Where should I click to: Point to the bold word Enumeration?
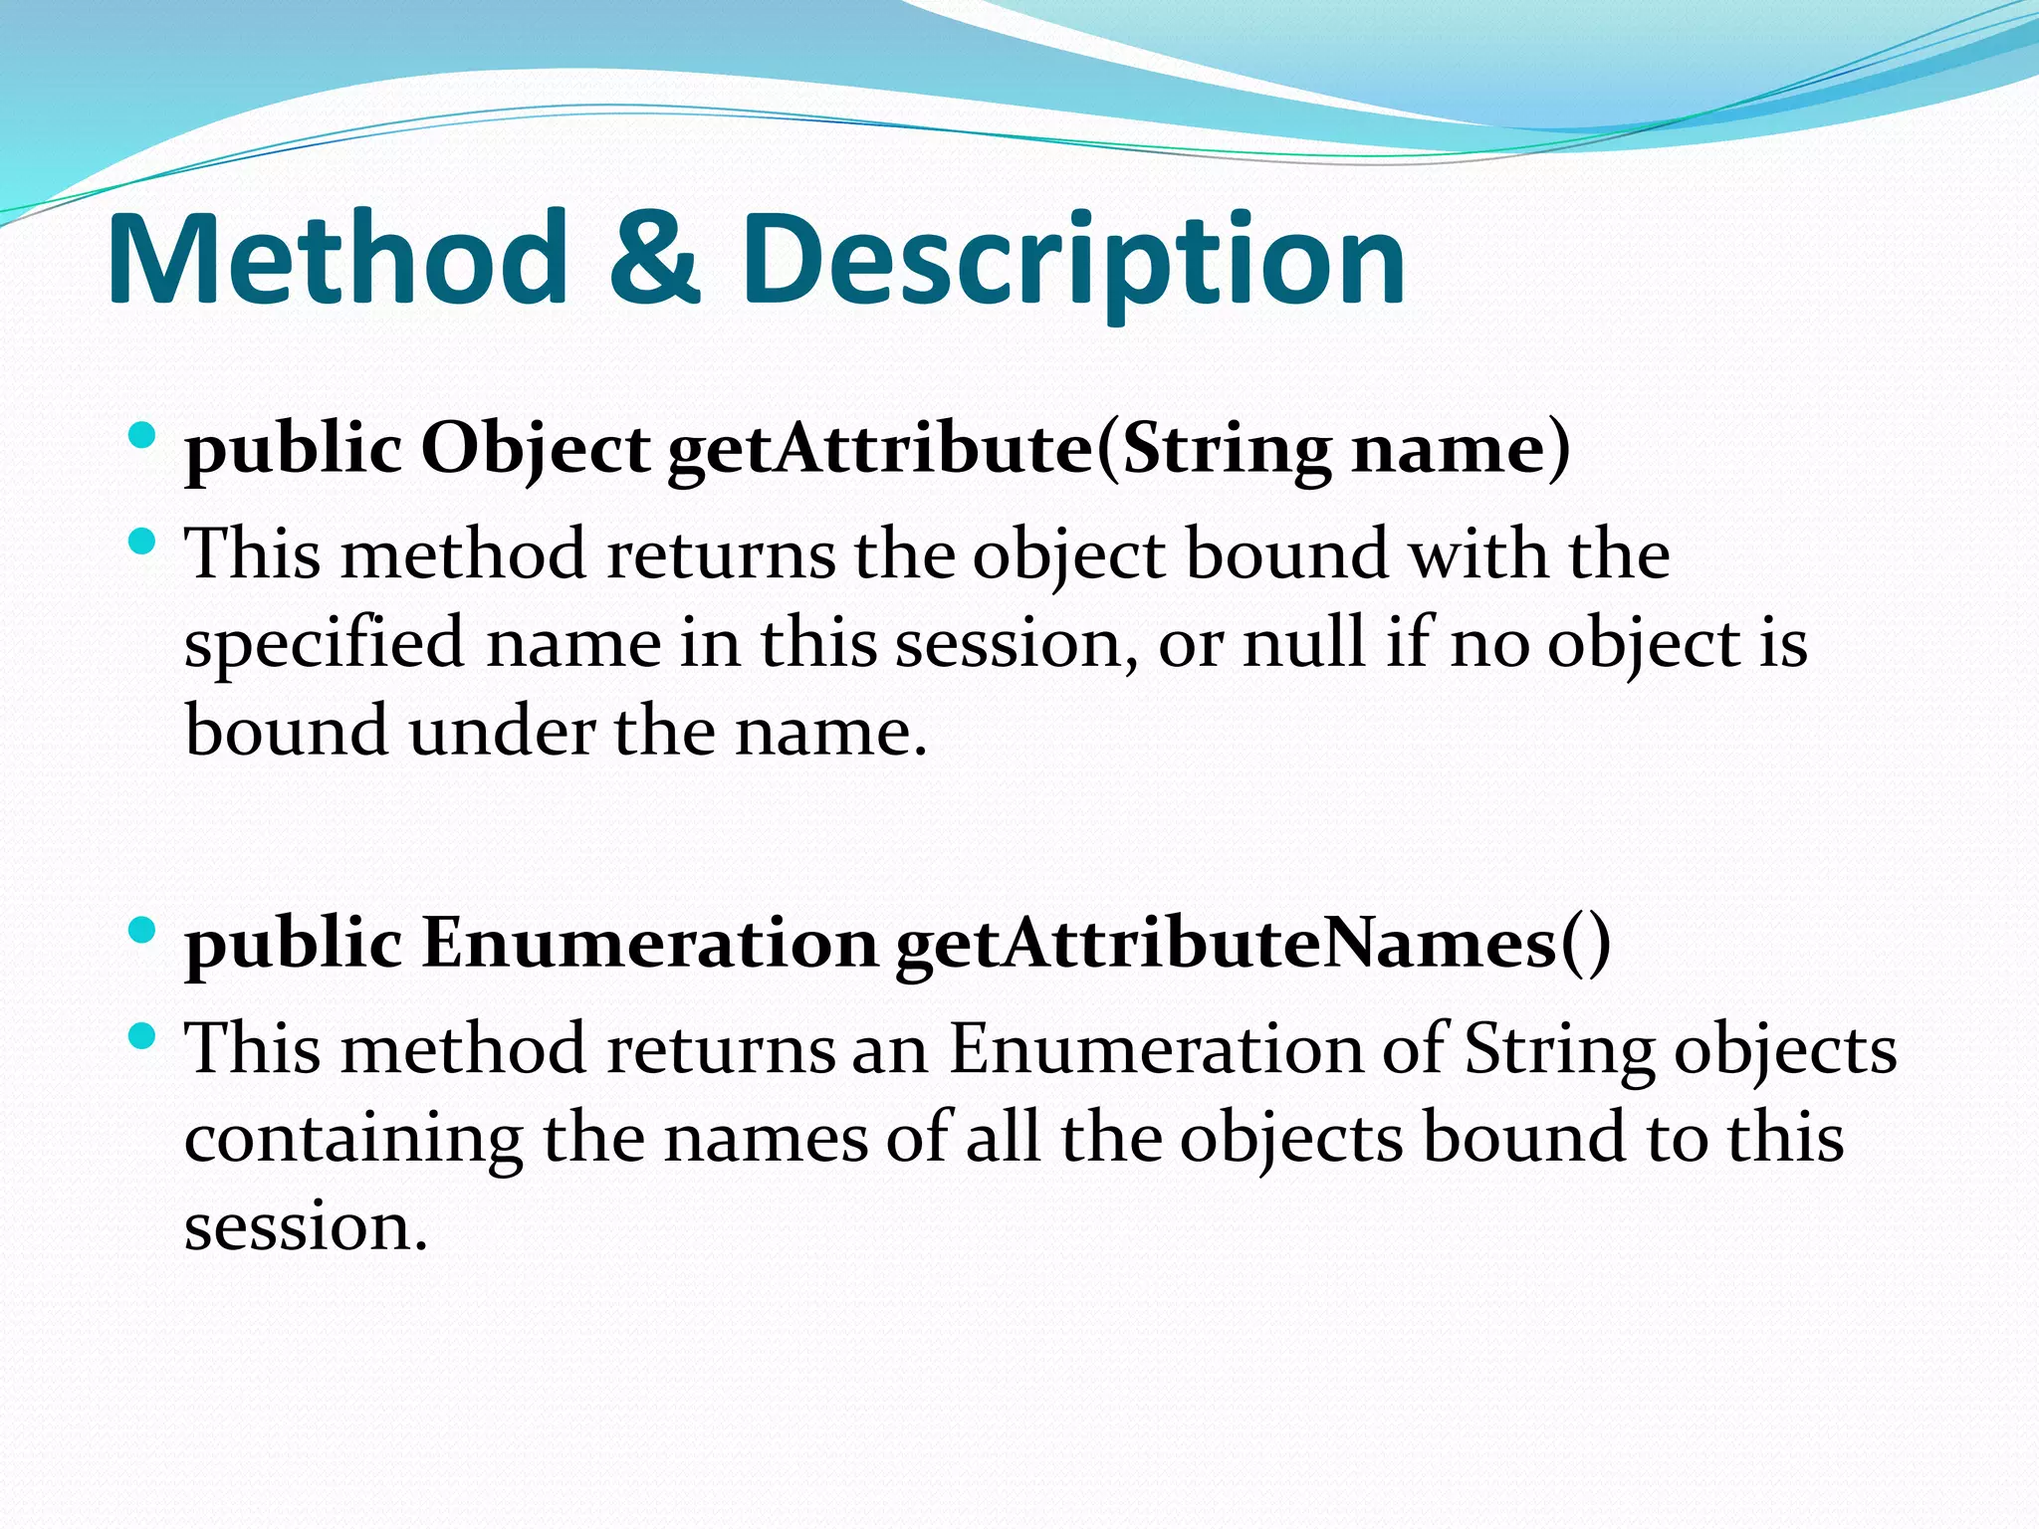[x=648, y=943]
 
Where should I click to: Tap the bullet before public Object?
[x=142, y=435]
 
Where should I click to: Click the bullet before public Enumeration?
[x=142, y=930]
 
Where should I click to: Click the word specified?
[x=325, y=645]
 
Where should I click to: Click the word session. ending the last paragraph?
[x=306, y=1226]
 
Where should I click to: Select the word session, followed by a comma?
[x=1017, y=644]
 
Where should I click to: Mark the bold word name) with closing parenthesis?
[x=1461, y=450]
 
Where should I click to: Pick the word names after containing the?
[x=767, y=1138]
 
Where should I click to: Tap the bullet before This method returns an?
[x=142, y=1036]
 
